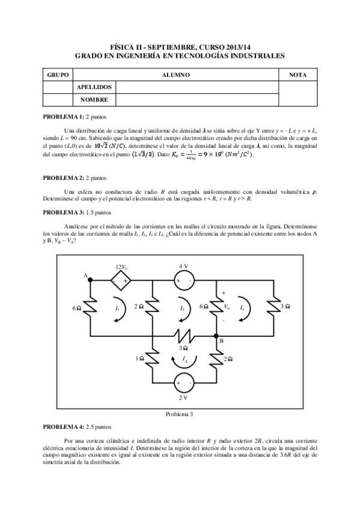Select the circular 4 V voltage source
pos(183,280)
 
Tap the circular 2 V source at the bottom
pos(184,382)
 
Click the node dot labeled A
pos(90,280)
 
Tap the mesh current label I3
pos(242,308)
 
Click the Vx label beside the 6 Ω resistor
pos(226,307)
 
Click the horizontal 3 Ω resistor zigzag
pos(184,335)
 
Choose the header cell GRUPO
pos(58,75)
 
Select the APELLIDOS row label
pos(93,87)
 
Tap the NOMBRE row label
pos(93,100)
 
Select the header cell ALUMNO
pos(176,75)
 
